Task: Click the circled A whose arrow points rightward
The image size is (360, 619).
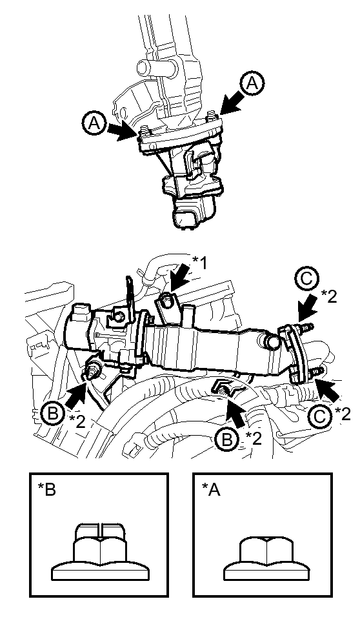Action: point(94,123)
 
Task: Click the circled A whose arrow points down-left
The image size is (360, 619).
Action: point(254,83)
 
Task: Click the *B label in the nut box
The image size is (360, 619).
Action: point(47,489)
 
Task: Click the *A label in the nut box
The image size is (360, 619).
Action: point(211,489)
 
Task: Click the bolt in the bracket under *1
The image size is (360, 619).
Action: point(166,301)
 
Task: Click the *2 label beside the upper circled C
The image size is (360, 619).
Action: point(329,296)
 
